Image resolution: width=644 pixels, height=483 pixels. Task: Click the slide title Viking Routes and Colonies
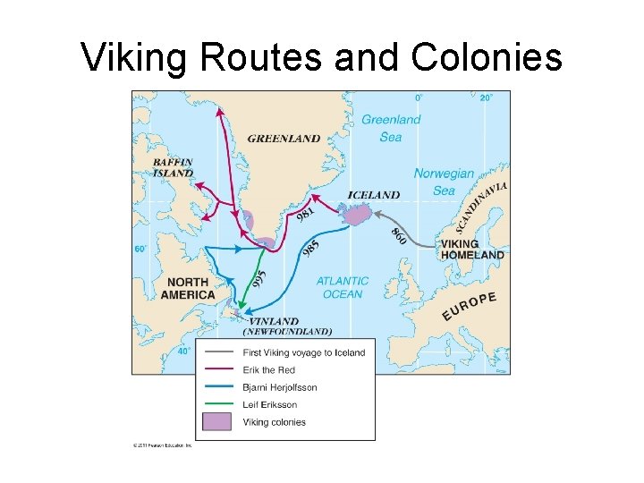pos(321,58)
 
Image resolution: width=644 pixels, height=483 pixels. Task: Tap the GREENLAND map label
pos(284,139)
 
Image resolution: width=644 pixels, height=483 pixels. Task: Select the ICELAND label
pos(373,195)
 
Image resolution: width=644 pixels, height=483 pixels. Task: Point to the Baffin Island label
pos(173,167)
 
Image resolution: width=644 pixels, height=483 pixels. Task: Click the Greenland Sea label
pos(391,128)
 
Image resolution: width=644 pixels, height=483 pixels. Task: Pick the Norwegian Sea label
pos(445,182)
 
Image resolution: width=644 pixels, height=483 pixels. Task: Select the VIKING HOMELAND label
pos(471,250)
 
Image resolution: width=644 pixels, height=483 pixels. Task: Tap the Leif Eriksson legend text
pos(269,405)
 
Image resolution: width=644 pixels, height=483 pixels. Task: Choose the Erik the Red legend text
pos(268,370)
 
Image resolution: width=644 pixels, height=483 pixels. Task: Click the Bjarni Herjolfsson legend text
pos(279,387)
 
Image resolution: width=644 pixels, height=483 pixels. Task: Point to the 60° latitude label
pos(140,250)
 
